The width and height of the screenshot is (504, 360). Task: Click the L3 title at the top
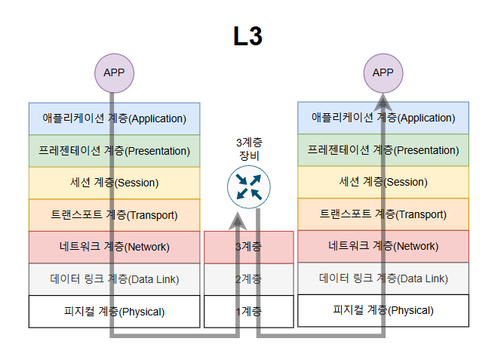tap(247, 36)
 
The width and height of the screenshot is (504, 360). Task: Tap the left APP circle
tap(114, 72)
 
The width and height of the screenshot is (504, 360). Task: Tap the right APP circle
tap(383, 72)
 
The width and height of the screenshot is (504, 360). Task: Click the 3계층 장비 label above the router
tap(249, 148)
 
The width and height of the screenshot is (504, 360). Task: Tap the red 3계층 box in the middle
tap(249, 247)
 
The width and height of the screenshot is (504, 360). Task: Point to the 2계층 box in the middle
tap(249, 279)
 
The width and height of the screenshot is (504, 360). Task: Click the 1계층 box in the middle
tap(249, 311)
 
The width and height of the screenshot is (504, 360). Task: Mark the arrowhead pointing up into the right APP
tap(383, 103)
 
